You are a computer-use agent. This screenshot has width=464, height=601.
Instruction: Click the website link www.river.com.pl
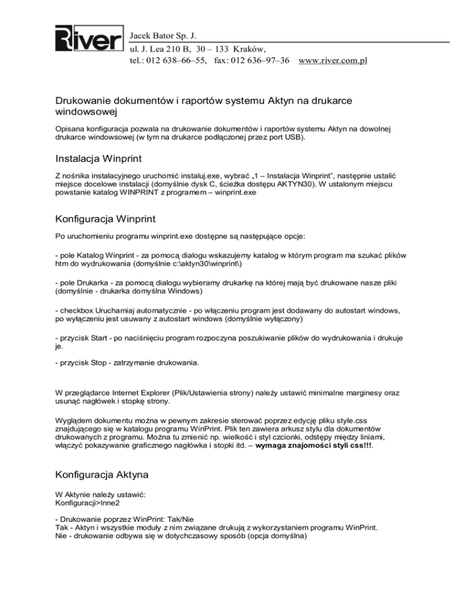[333, 60]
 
